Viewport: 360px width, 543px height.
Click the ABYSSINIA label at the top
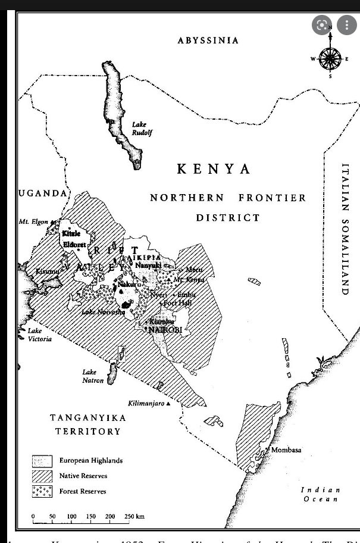(x=208, y=40)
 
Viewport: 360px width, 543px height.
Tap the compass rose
(x=330, y=58)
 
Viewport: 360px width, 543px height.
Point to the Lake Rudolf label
(x=142, y=129)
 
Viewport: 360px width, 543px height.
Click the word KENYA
(x=214, y=169)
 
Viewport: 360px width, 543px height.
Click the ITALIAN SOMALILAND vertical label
(x=345, y=229)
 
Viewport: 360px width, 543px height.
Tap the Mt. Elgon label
(x=33, y=222)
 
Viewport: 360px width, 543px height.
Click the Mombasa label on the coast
(x=286, y=450)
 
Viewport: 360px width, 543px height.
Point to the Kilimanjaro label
(x=146, y=404)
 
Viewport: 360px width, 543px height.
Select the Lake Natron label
(x=93, y=376)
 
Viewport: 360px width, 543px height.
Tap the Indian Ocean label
(x=322, y=494)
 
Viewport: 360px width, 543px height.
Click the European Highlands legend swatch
(x=42, y=461)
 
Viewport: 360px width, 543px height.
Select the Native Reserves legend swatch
(x=42, y=476)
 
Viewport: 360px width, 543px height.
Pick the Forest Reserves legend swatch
(x=42, y=491)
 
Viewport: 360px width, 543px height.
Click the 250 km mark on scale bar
(x=134, y=516)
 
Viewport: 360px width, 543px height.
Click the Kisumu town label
(x=46, y=271)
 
